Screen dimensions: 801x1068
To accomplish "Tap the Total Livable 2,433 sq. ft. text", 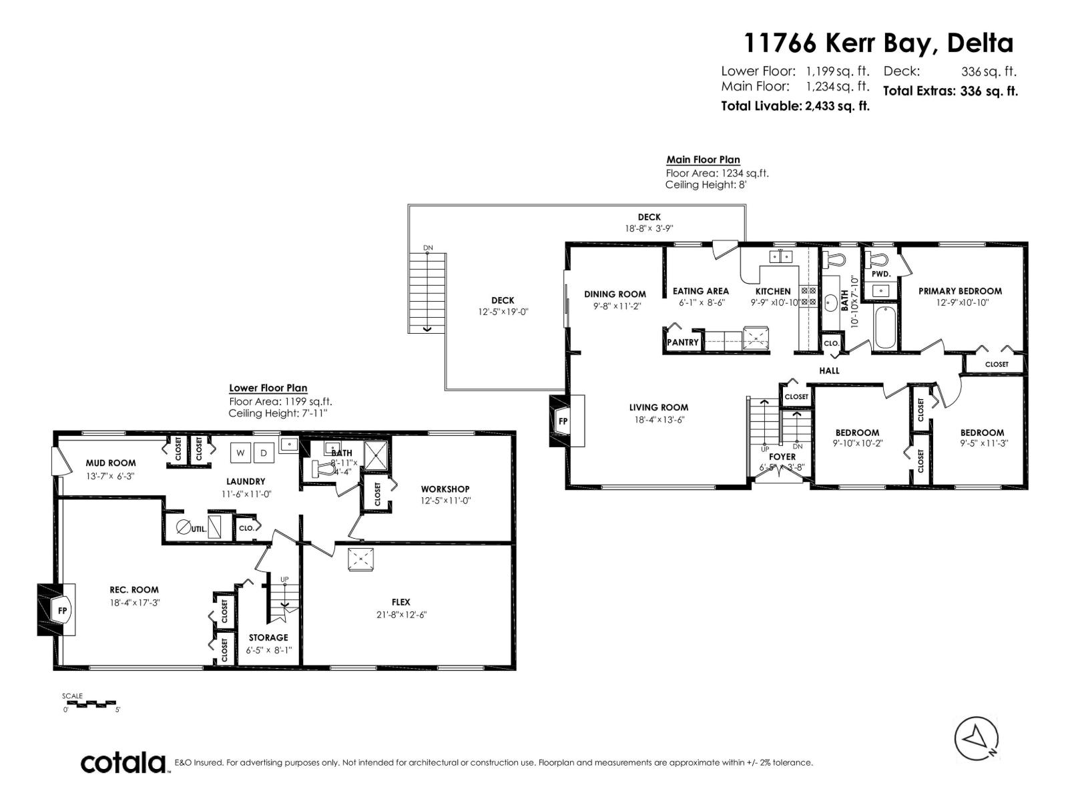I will [x=795, y=105].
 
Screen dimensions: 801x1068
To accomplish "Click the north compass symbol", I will [x=977, y=738].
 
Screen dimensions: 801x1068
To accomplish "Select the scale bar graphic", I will [x=92, y=704].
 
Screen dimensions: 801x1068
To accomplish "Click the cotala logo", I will [x=124, y=762].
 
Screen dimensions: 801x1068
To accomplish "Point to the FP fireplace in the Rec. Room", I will [x=61, y=610].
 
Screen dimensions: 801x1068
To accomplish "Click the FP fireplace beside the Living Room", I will [x=563, y=421].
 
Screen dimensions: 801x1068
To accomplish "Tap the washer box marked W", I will [x=240, y=453].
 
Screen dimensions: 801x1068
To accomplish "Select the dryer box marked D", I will [x=263, y=453].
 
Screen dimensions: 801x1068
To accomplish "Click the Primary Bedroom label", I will [x=960, y=291].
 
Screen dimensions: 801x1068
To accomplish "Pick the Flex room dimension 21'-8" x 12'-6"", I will [x=401, y=614].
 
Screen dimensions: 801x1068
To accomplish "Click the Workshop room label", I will [x=445, y=489].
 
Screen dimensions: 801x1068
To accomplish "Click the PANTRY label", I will [x=683, y=342].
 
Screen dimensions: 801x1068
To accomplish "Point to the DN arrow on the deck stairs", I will [x=427, y=327].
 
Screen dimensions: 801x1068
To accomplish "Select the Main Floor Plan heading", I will [x=703, y=160].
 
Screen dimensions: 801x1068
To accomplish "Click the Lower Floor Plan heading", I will [x=268, y=388].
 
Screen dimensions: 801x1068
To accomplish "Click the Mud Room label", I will [x=110, y=463].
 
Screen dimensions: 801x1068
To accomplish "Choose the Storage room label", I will [x=268, y=637].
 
